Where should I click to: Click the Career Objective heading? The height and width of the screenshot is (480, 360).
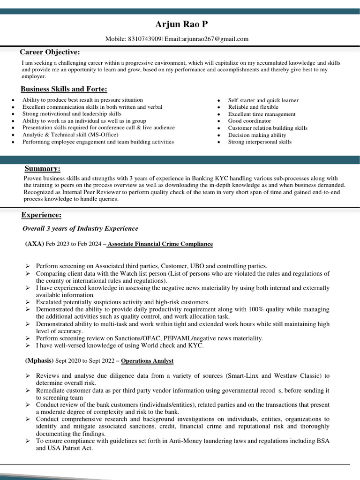click(50, 52)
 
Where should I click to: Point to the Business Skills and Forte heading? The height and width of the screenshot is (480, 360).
click(64, 89)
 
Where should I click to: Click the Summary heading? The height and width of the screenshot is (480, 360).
click(42, 169)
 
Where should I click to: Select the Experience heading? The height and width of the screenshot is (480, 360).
click(41, 215)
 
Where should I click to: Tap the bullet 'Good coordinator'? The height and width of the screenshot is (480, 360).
click(249, 121)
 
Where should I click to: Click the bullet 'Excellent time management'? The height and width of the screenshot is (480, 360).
click(262, 114)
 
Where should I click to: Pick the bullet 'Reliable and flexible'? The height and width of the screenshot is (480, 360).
click(253, 107)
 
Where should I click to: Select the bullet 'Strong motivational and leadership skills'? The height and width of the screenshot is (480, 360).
click(72, 114)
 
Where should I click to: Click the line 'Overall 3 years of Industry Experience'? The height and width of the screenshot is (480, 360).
click(81, 229)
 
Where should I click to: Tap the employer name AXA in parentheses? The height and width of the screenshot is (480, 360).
click(35, 244)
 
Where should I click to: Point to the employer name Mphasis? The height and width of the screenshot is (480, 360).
click(39, 361)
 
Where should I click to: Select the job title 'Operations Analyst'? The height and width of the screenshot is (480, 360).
click(147, 361)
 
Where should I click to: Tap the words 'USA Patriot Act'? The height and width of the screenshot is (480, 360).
click(70, 448)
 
